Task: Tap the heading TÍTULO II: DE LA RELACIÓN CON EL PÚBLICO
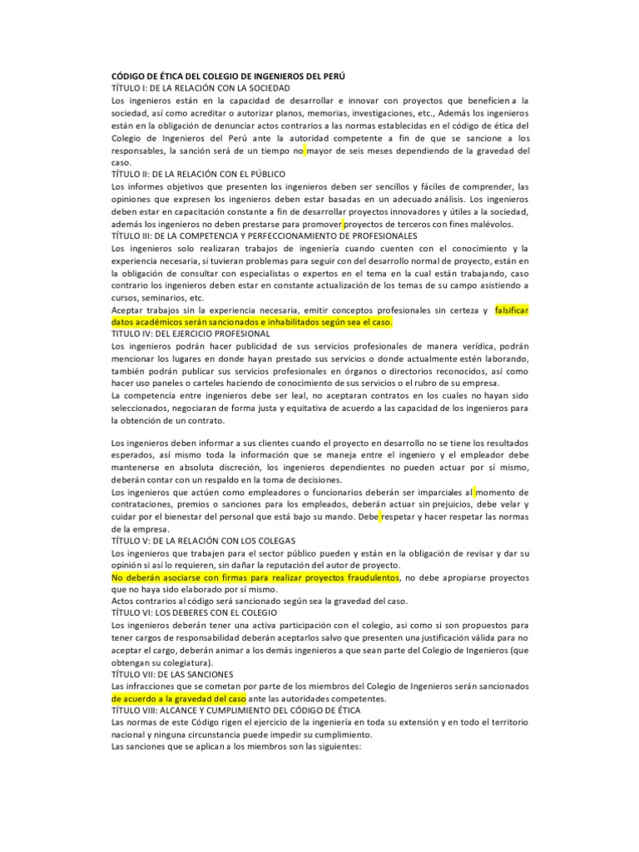(198, 175)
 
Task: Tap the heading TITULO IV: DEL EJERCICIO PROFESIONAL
(190, 333)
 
